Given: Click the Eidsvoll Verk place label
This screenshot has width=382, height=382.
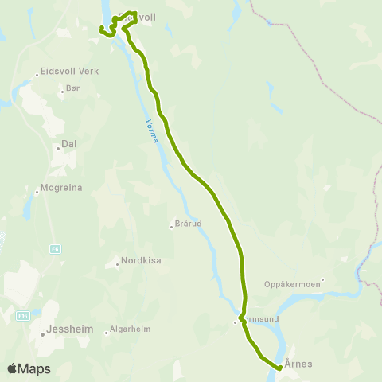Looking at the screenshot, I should (x=67, y=70).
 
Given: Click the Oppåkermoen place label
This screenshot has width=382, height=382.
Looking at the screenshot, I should (x=292, y=283).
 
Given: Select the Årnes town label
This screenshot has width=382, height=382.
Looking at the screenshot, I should (x=298, y=363).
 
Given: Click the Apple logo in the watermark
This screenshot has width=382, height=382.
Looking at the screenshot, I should (x=13, y=368).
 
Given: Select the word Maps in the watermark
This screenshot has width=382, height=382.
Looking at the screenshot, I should (x=35, y=368).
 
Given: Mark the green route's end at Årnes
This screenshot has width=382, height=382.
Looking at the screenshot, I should (x=279, y=367).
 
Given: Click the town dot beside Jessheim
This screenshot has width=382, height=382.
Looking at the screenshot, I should (x=42, y=333).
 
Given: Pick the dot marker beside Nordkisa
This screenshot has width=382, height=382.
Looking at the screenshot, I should (x=116, y=262).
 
